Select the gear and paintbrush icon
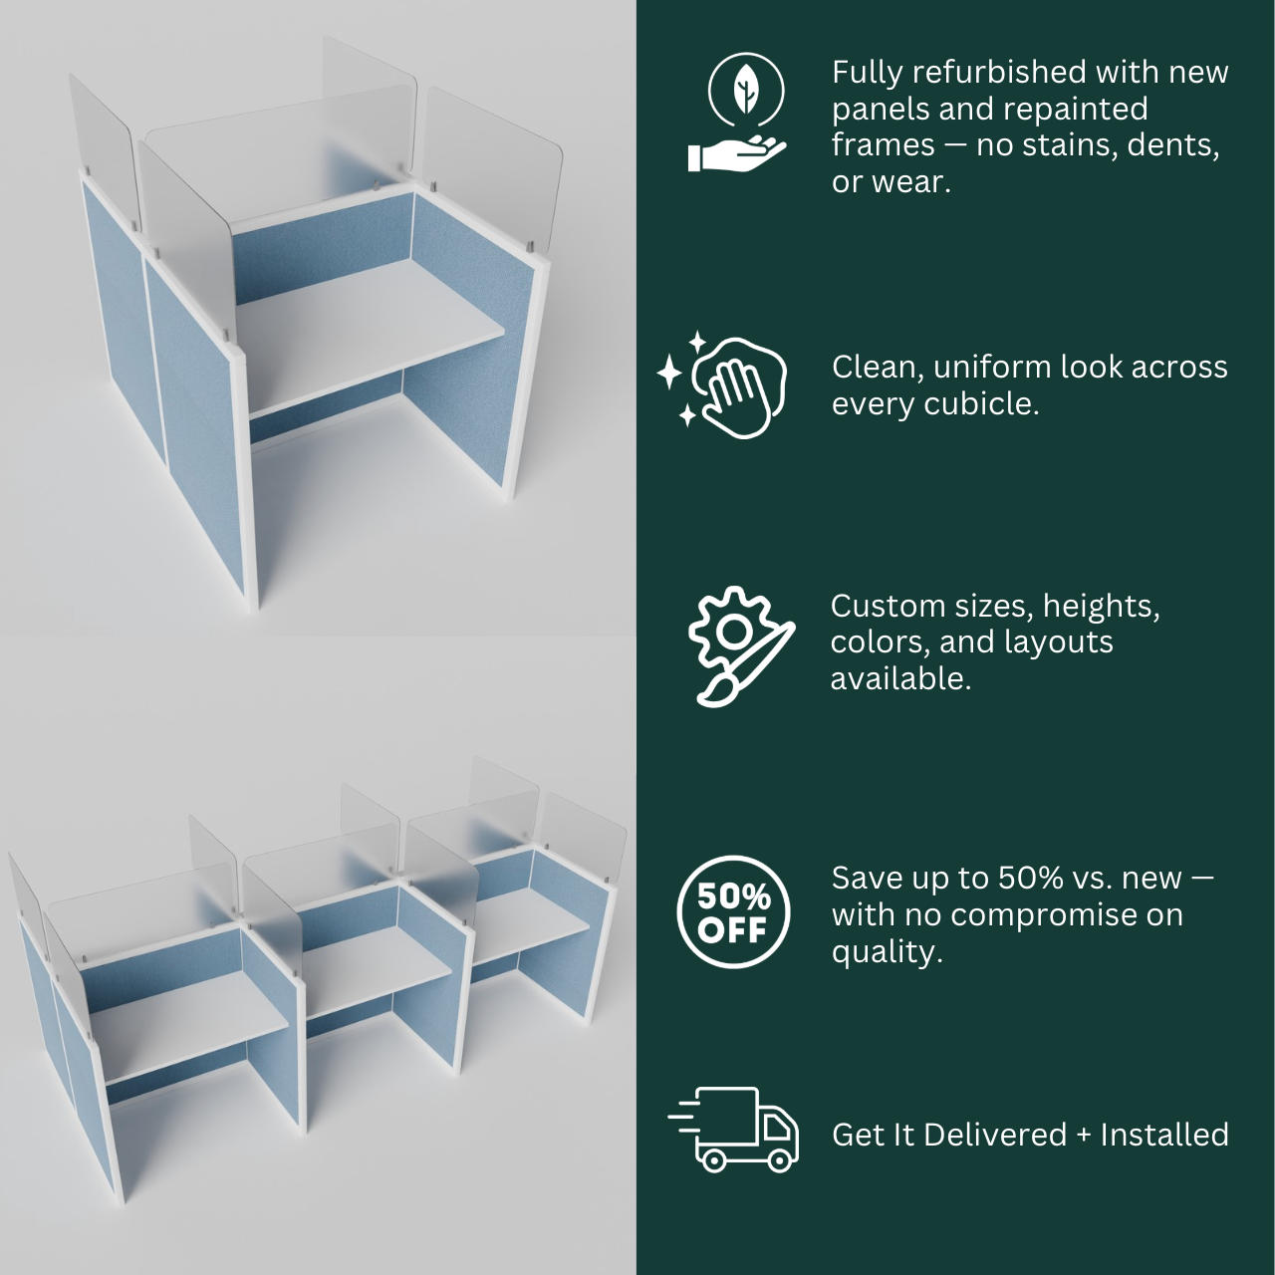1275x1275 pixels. pyautogui.click(x=742, y=646)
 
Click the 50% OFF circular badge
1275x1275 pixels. pyautogui.click(x=733, y=912)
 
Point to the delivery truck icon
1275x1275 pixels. pyautogui.click(x=733, y=1133)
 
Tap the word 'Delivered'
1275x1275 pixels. pyautogui.click(x=995, y=1135)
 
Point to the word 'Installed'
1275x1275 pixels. pyautogui.click(x=1163, y=1135)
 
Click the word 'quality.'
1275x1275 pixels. pyautogui.click(x=887, y=953)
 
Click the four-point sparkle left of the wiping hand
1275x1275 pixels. pyautogui.click(x=669, y=372)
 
